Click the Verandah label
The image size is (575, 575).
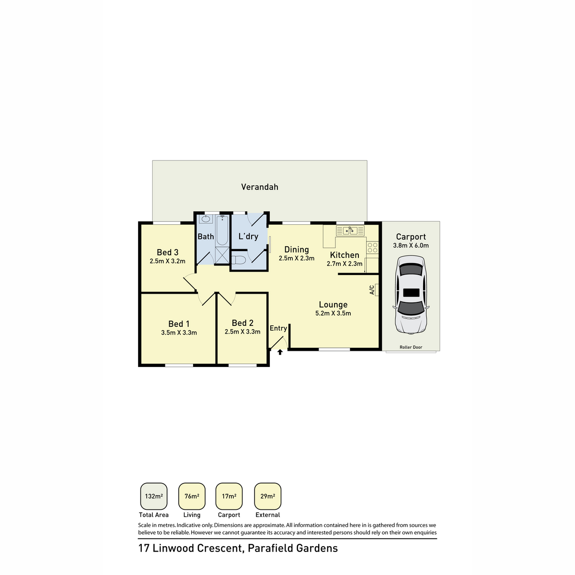tap(259, 187)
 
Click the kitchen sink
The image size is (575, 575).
tap(350, 231)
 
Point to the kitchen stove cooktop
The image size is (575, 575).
tap(372, 248)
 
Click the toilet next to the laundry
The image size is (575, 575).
tap(239, 260)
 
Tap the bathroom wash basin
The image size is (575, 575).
tap(206, 219)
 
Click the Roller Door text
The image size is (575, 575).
tap(411, 347)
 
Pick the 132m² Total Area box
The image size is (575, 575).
tap(154, 496)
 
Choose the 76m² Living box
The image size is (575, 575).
tap(192, 496)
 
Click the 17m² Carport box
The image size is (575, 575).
tap(229, 496)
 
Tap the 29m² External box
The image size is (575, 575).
tap(267, 496)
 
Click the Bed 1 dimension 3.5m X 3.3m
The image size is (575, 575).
tap(179, 333)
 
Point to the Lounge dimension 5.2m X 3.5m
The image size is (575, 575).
tap(333, 313)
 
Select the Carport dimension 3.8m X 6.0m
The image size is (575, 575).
tap(411, 245)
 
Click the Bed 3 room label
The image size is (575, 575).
tap(168, 253)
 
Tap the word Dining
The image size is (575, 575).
tap(297, 250)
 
